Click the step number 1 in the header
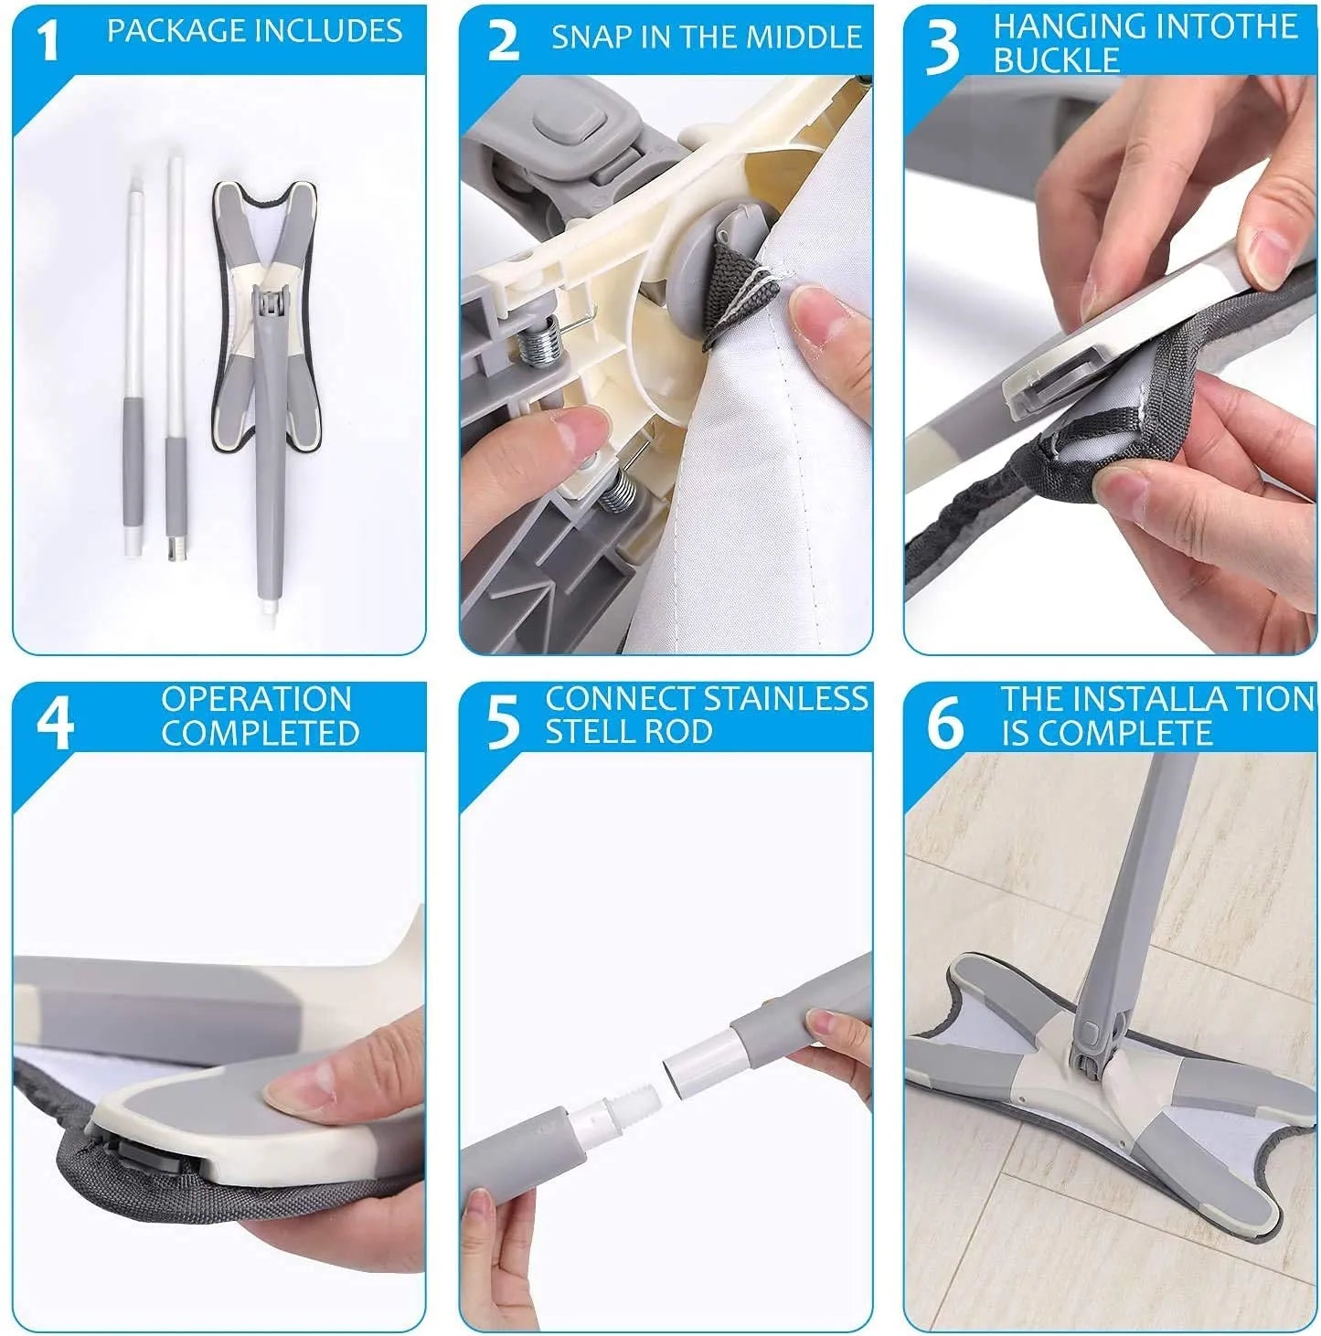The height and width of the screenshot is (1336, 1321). pyautogui.click(x=47, y=41)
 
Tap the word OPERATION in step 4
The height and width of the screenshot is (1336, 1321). pyautogui.click(x=257, y=699)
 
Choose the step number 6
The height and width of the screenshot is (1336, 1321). pyautogui.click(x=945, y=724)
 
